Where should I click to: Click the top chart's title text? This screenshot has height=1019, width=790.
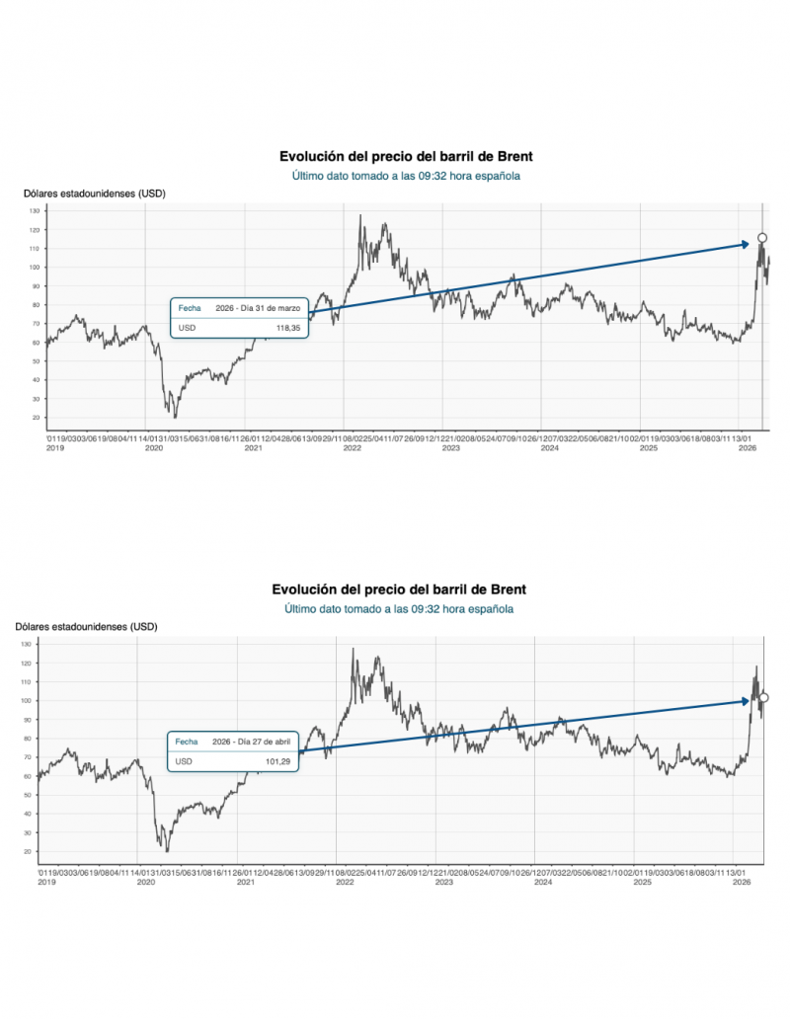(405, 156)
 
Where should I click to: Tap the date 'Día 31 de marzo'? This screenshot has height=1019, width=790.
(256, 307)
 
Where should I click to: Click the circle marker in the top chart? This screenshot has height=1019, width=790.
(761, 238)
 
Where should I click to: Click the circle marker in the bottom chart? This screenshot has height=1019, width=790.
(763, 697)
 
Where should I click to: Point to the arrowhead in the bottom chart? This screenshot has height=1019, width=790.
(749, 701)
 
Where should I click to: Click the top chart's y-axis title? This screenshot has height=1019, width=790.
(95, 194)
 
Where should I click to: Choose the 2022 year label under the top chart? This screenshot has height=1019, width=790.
(351, 448)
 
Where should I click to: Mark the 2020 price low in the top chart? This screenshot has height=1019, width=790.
(175, 417)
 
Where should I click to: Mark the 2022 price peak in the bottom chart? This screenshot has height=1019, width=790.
(353, 649)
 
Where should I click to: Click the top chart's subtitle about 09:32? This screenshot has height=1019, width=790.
(405, 176)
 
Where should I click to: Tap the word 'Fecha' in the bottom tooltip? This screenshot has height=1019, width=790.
(186, 742)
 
